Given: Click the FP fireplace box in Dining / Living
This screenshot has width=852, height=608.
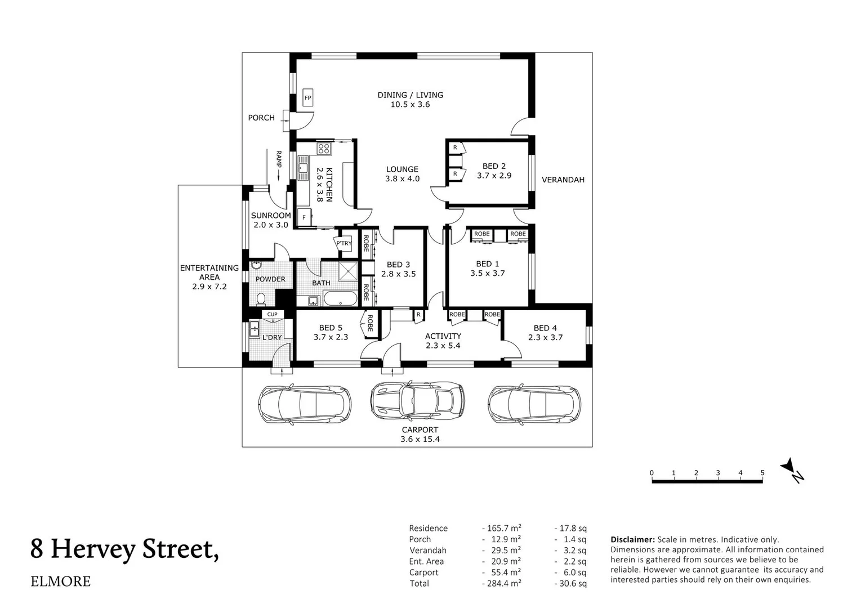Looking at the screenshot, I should [308, 97].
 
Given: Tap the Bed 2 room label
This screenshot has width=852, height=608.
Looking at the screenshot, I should [494, 166].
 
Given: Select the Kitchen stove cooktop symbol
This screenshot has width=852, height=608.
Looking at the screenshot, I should [324, 149].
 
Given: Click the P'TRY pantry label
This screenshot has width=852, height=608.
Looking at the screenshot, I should [344, 244].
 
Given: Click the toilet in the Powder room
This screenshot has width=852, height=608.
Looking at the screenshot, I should [261, 298].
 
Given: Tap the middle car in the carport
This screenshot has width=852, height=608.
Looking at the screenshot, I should [417, 400].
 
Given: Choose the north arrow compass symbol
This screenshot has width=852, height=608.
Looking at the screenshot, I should [792, 470].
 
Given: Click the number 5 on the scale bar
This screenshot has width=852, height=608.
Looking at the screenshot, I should [762, 473].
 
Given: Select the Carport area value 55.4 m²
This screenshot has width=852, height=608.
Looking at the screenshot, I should [501, 573].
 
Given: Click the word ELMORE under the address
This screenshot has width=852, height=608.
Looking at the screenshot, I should [60, 582].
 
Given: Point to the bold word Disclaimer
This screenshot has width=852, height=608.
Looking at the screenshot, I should [632, 539].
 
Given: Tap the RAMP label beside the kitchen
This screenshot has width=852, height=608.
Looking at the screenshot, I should [278, 159].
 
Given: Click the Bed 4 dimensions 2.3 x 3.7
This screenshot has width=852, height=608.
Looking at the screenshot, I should [545, 338].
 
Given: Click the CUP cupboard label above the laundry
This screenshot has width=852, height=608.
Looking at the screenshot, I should [272, 315].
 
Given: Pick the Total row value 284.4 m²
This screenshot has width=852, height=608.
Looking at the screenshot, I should [501, 583].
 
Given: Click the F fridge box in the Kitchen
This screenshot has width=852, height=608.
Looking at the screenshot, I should [305, 217].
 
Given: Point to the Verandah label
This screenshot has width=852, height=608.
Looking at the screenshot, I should [563, 180].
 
